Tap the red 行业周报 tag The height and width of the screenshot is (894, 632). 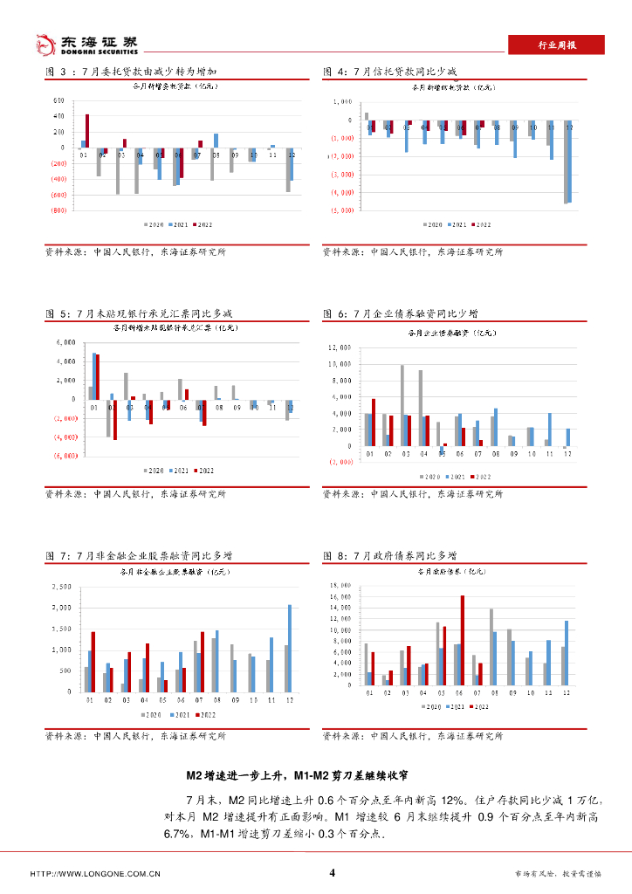(x=555, y=45)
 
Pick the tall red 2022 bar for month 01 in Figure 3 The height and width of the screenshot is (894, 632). (x=87, y=131)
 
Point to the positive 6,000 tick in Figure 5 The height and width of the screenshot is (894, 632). (x=66, y=342)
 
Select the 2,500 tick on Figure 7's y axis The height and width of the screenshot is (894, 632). (x=60, y=586)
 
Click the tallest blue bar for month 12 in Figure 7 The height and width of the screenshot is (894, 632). (x=290, y=647)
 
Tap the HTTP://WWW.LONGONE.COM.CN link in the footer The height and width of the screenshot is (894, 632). (x=95, y=874)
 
